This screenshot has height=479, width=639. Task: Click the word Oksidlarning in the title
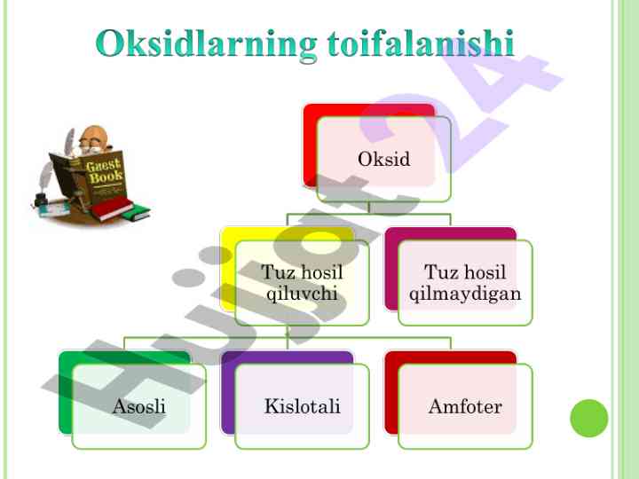point(206,45)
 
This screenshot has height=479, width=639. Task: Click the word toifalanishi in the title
point(421,43)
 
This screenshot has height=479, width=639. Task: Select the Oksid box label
point(384,159)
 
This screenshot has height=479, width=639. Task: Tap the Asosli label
point(139,406)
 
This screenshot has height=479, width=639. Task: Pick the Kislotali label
point(302,406)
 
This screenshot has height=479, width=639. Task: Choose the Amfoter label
point(465,406)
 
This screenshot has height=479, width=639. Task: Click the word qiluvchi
point(302,294)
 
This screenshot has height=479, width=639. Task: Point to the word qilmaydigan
point(465,294)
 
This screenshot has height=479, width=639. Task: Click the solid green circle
point(589,419)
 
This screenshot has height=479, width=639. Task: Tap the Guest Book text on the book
point(104,170)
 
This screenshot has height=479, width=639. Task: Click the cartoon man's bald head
point(95,135)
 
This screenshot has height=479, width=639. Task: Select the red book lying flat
point(111,209)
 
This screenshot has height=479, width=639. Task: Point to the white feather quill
point(70,139)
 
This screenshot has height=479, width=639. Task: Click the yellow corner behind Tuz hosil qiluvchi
point(228,269)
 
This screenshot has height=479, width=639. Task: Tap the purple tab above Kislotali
point(287,357)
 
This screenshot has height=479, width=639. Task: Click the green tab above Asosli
point(124,357)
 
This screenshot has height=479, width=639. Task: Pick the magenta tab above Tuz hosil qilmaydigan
point(451,234)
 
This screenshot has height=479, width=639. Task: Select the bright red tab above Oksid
point(369,110)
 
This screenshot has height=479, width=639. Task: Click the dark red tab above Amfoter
point(451,357)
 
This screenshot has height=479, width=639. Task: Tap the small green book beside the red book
point(138,213)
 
